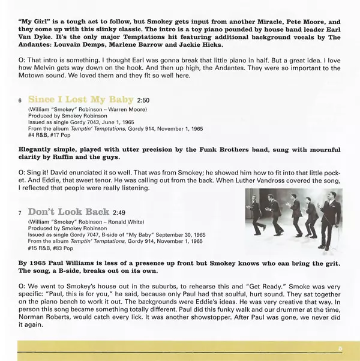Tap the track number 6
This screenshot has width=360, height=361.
click(x=20, y=100)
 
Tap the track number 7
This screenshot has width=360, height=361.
click(x=20, y=213)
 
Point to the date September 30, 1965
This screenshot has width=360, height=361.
click(x=182, y=234)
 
